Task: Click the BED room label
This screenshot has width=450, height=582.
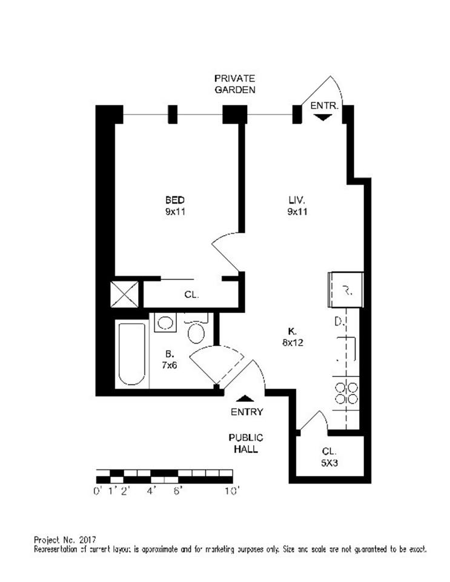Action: [x=175, y=200]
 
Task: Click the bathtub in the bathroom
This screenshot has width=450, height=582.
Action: [x=131, y=354]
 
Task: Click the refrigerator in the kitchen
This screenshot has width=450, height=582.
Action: [x=346, y=290]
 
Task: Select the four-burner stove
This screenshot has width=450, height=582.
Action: [x=346, y=392]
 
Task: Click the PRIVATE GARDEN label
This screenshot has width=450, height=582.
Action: [x=235, y=84]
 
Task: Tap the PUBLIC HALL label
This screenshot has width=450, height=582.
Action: [x=246, y=443]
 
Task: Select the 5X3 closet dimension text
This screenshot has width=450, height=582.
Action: [x=329, y=463]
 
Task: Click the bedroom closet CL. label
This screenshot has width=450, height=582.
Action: [x=191, y=295]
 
